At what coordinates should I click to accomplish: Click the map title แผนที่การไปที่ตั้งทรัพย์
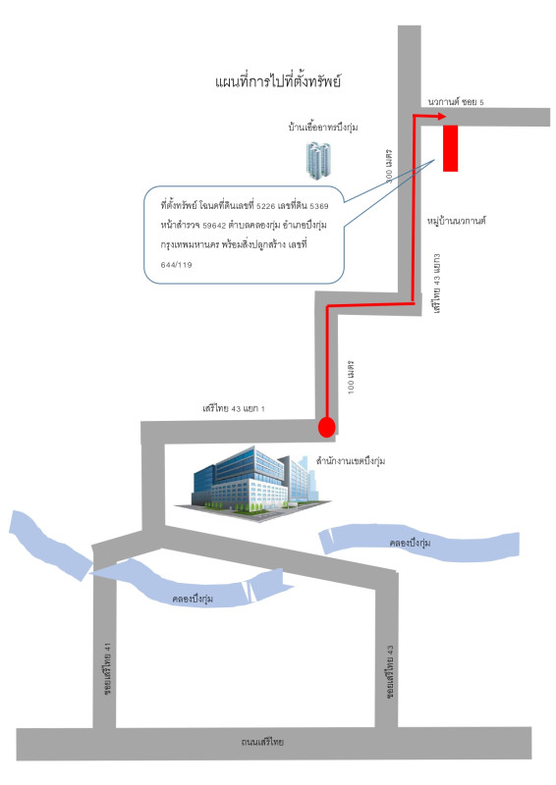(278, 81)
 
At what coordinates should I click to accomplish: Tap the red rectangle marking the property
(450, 148)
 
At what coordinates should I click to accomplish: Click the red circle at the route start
(326, 427)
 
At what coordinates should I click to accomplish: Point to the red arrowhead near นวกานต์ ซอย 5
(441, 116)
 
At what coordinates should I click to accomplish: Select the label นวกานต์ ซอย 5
(456, 102)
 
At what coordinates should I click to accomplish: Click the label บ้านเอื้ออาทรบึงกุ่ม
(323, 127)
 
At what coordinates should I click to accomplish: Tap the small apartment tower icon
(319, 160)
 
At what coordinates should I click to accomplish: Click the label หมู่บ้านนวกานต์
(457, 220)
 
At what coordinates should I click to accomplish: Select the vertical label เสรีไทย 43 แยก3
(437, 284)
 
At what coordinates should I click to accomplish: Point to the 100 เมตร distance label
(351, 377)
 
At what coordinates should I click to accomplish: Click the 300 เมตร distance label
(388, 166)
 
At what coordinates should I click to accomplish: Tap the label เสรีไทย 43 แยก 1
(234, 408)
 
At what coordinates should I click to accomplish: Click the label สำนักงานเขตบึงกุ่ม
(351, 460)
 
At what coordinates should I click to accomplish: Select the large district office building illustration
(253, 484)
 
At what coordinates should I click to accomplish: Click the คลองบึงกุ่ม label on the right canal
(410, 543)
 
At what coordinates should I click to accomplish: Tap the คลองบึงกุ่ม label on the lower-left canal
(193, 599)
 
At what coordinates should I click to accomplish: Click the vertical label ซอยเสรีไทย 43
(390, 671)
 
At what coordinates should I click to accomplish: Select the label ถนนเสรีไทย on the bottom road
(262, 742)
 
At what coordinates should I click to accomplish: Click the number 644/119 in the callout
(177, 264)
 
